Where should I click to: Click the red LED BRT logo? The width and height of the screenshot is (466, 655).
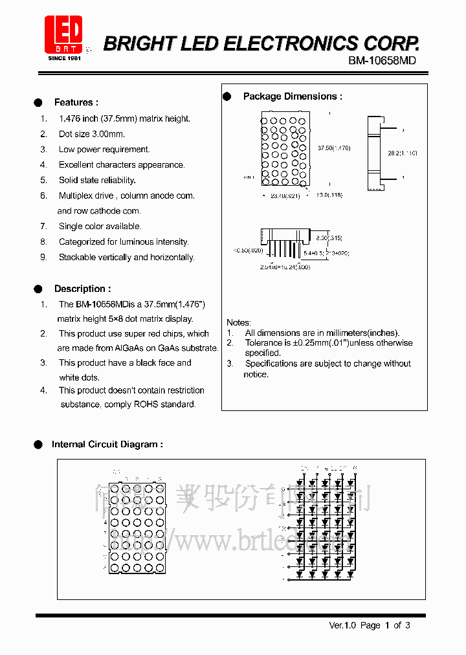pyautogui.click(x=63, y=34)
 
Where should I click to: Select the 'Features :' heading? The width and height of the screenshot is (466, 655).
pyautogui.click(x=76, y=102)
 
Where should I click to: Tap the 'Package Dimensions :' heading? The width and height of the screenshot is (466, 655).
pyautogui.click(x=292, y=96)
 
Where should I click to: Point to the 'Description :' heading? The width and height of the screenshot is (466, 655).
pyautogui.click(x=82, y=289)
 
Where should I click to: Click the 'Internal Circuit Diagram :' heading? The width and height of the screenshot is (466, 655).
pyautogui.click(x=107, y=444)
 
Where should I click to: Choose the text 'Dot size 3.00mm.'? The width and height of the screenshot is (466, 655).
pyautogui.click(x=92, y=134)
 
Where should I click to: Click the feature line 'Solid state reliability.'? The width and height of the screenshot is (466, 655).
pyautogui.click(x=97, y=180)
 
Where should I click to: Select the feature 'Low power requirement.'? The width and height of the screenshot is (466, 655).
pyautogui.click(x=104, y=150)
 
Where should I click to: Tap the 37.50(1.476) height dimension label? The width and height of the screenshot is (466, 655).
pyautogui.click(x=334, y=148)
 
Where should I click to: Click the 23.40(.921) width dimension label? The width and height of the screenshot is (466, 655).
pyautogui.click(x=285, y=195)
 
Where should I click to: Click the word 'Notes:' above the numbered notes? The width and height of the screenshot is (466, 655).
pyautogui.click(x=239, y=322)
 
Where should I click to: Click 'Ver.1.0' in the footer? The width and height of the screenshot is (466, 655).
pyautogui.click(x=342, y=625)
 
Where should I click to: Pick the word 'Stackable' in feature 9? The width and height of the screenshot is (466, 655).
pyautogui.click(x=77, y=257)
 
